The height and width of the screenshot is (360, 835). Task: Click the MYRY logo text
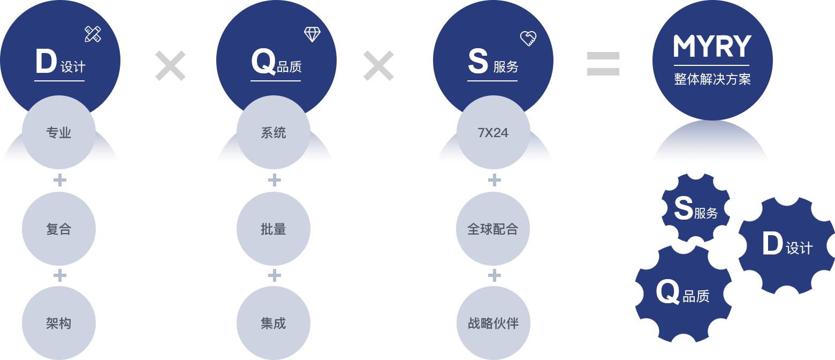(712, 47)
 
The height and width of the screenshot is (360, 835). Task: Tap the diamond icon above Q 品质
(312, 35)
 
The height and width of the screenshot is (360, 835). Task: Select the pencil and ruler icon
(93, 34)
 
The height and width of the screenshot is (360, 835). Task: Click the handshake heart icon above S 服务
(528, 38)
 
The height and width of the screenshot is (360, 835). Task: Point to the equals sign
(603, 63)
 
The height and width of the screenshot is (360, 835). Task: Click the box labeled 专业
(59, 133)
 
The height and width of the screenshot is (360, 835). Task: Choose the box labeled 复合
(59, 229)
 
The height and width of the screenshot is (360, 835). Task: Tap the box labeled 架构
(59, 323)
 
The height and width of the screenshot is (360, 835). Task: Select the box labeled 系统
(274, 133)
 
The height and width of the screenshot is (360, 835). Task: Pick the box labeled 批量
(274, 229)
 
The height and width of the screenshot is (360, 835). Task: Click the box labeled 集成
(274, 323)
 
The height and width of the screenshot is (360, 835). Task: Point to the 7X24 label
(493, 133)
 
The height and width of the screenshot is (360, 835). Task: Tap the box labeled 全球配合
(493, 229)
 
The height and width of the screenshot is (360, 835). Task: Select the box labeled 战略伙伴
(493, 323)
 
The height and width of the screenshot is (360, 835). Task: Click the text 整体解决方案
(712, 79)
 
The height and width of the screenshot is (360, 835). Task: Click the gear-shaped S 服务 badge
(695, 208)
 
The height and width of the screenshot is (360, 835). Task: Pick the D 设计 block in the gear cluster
(786, 245)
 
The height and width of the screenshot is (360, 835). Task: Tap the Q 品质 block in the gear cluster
(684, 294)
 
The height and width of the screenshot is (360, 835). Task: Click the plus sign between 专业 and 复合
(60, 181)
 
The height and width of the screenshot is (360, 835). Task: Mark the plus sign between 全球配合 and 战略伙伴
(495, 275)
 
